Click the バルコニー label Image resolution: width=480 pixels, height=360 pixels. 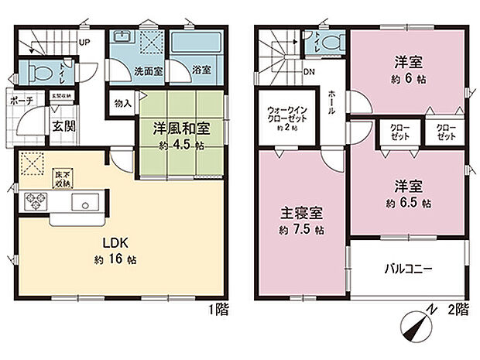[407, 269]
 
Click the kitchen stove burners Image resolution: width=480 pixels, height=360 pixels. [36, 202]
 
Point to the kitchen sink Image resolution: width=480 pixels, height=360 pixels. [82, 203]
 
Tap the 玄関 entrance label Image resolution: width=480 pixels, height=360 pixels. [64, 125]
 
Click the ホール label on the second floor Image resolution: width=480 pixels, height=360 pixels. [331, 101]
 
